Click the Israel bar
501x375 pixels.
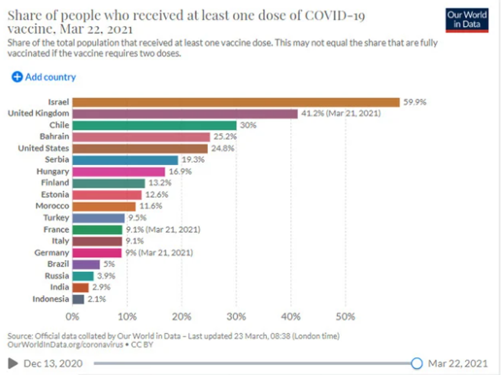pyautogui.click(x=236, y=102)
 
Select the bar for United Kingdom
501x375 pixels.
pyautogui.click(x=185, y=113)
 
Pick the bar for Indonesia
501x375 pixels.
pyautogui.click(x=78, y=299)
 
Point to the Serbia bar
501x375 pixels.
pyautogui.click(x=125, y=160)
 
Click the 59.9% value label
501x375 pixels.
pyautogui.click(x=415, y=102)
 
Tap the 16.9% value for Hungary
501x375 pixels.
pyautogui.click(x=179, y=171)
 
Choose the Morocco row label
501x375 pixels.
pyautogui.click(x=52, y=206)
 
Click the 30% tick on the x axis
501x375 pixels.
pyautogui.click(x=236, y=317)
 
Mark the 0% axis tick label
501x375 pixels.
pyautogui.click(x=73, y=317)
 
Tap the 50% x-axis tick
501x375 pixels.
pyautogui.click(x=346, y=317)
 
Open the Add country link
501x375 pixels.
pyautogui.click(x=44, y=77)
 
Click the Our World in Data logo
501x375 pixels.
pyautogui.click(x=467, y=20)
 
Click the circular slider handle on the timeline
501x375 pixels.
pyautogui.click(x=417, y=363)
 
